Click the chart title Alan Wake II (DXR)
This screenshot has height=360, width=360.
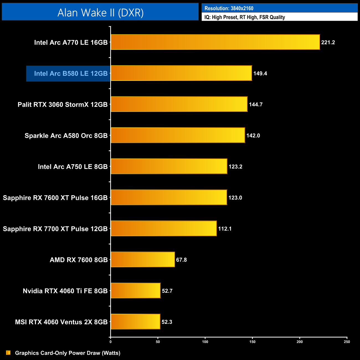[100, 12]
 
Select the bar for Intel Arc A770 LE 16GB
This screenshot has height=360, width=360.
[215, 42]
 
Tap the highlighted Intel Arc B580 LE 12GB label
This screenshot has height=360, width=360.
[71, 73]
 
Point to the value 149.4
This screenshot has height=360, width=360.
[260, 73]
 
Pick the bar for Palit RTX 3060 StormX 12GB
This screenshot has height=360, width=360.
[179, 104]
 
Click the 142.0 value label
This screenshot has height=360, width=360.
[253, 135]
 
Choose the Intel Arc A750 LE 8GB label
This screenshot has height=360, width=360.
[73, 166]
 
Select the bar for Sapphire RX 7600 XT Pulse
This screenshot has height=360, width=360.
[169, 197]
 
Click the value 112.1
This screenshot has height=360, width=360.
[225, 229]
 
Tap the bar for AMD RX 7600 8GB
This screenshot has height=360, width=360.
[143, 259]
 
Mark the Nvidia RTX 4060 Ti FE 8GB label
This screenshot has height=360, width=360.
[65, 291]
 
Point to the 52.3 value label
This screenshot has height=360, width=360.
[167, 322]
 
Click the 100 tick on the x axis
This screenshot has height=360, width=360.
[205, 342]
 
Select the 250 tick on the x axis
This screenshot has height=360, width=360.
[347, 342]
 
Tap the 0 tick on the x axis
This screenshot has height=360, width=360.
[110, 342]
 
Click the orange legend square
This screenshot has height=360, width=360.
[8, 353]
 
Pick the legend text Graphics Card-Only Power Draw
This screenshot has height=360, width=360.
[68, 353]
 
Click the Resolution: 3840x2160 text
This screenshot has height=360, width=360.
[229, 8]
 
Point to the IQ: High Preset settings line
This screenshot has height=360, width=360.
[245, 17]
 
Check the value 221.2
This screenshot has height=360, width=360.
[328, 42]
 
